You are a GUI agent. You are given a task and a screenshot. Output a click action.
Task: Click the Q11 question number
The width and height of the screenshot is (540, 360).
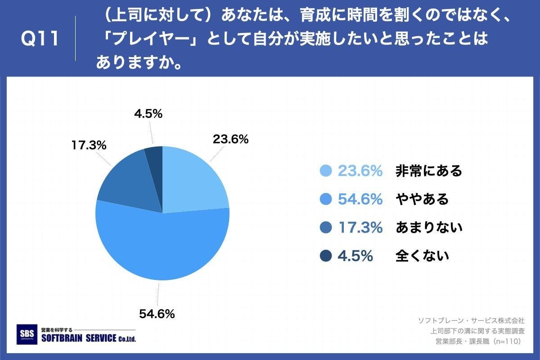pyautogui.click(x=40, y=39)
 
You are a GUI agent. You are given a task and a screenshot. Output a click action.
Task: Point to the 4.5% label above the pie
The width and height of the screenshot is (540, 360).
pyautogui.click(x=148, y=114)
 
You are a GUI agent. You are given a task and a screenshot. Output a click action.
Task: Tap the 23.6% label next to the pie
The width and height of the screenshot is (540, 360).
pyautogui.click(x=230, y=139)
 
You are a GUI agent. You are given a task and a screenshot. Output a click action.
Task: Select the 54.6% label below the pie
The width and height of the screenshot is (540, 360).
pyautogui.click(x=157, y=314)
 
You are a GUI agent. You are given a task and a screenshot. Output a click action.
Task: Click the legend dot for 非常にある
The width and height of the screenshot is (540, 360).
pyautogui.click(x=325, y=171)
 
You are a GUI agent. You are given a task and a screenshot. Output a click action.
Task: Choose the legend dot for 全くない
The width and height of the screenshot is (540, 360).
pyautogui.click(x=325, y=256)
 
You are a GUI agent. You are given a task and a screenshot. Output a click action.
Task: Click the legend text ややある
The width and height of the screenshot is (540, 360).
pyautogui.click(x=422, y=199)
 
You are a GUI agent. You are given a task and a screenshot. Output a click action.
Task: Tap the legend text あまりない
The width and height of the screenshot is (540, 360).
pyautogui.click(x=429, y=228)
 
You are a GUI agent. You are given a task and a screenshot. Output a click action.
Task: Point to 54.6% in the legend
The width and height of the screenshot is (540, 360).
pyautogui.click(x=360, y=199)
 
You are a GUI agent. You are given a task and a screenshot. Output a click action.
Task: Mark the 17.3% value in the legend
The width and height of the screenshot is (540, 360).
pyautogui.click(x=360, y=228)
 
